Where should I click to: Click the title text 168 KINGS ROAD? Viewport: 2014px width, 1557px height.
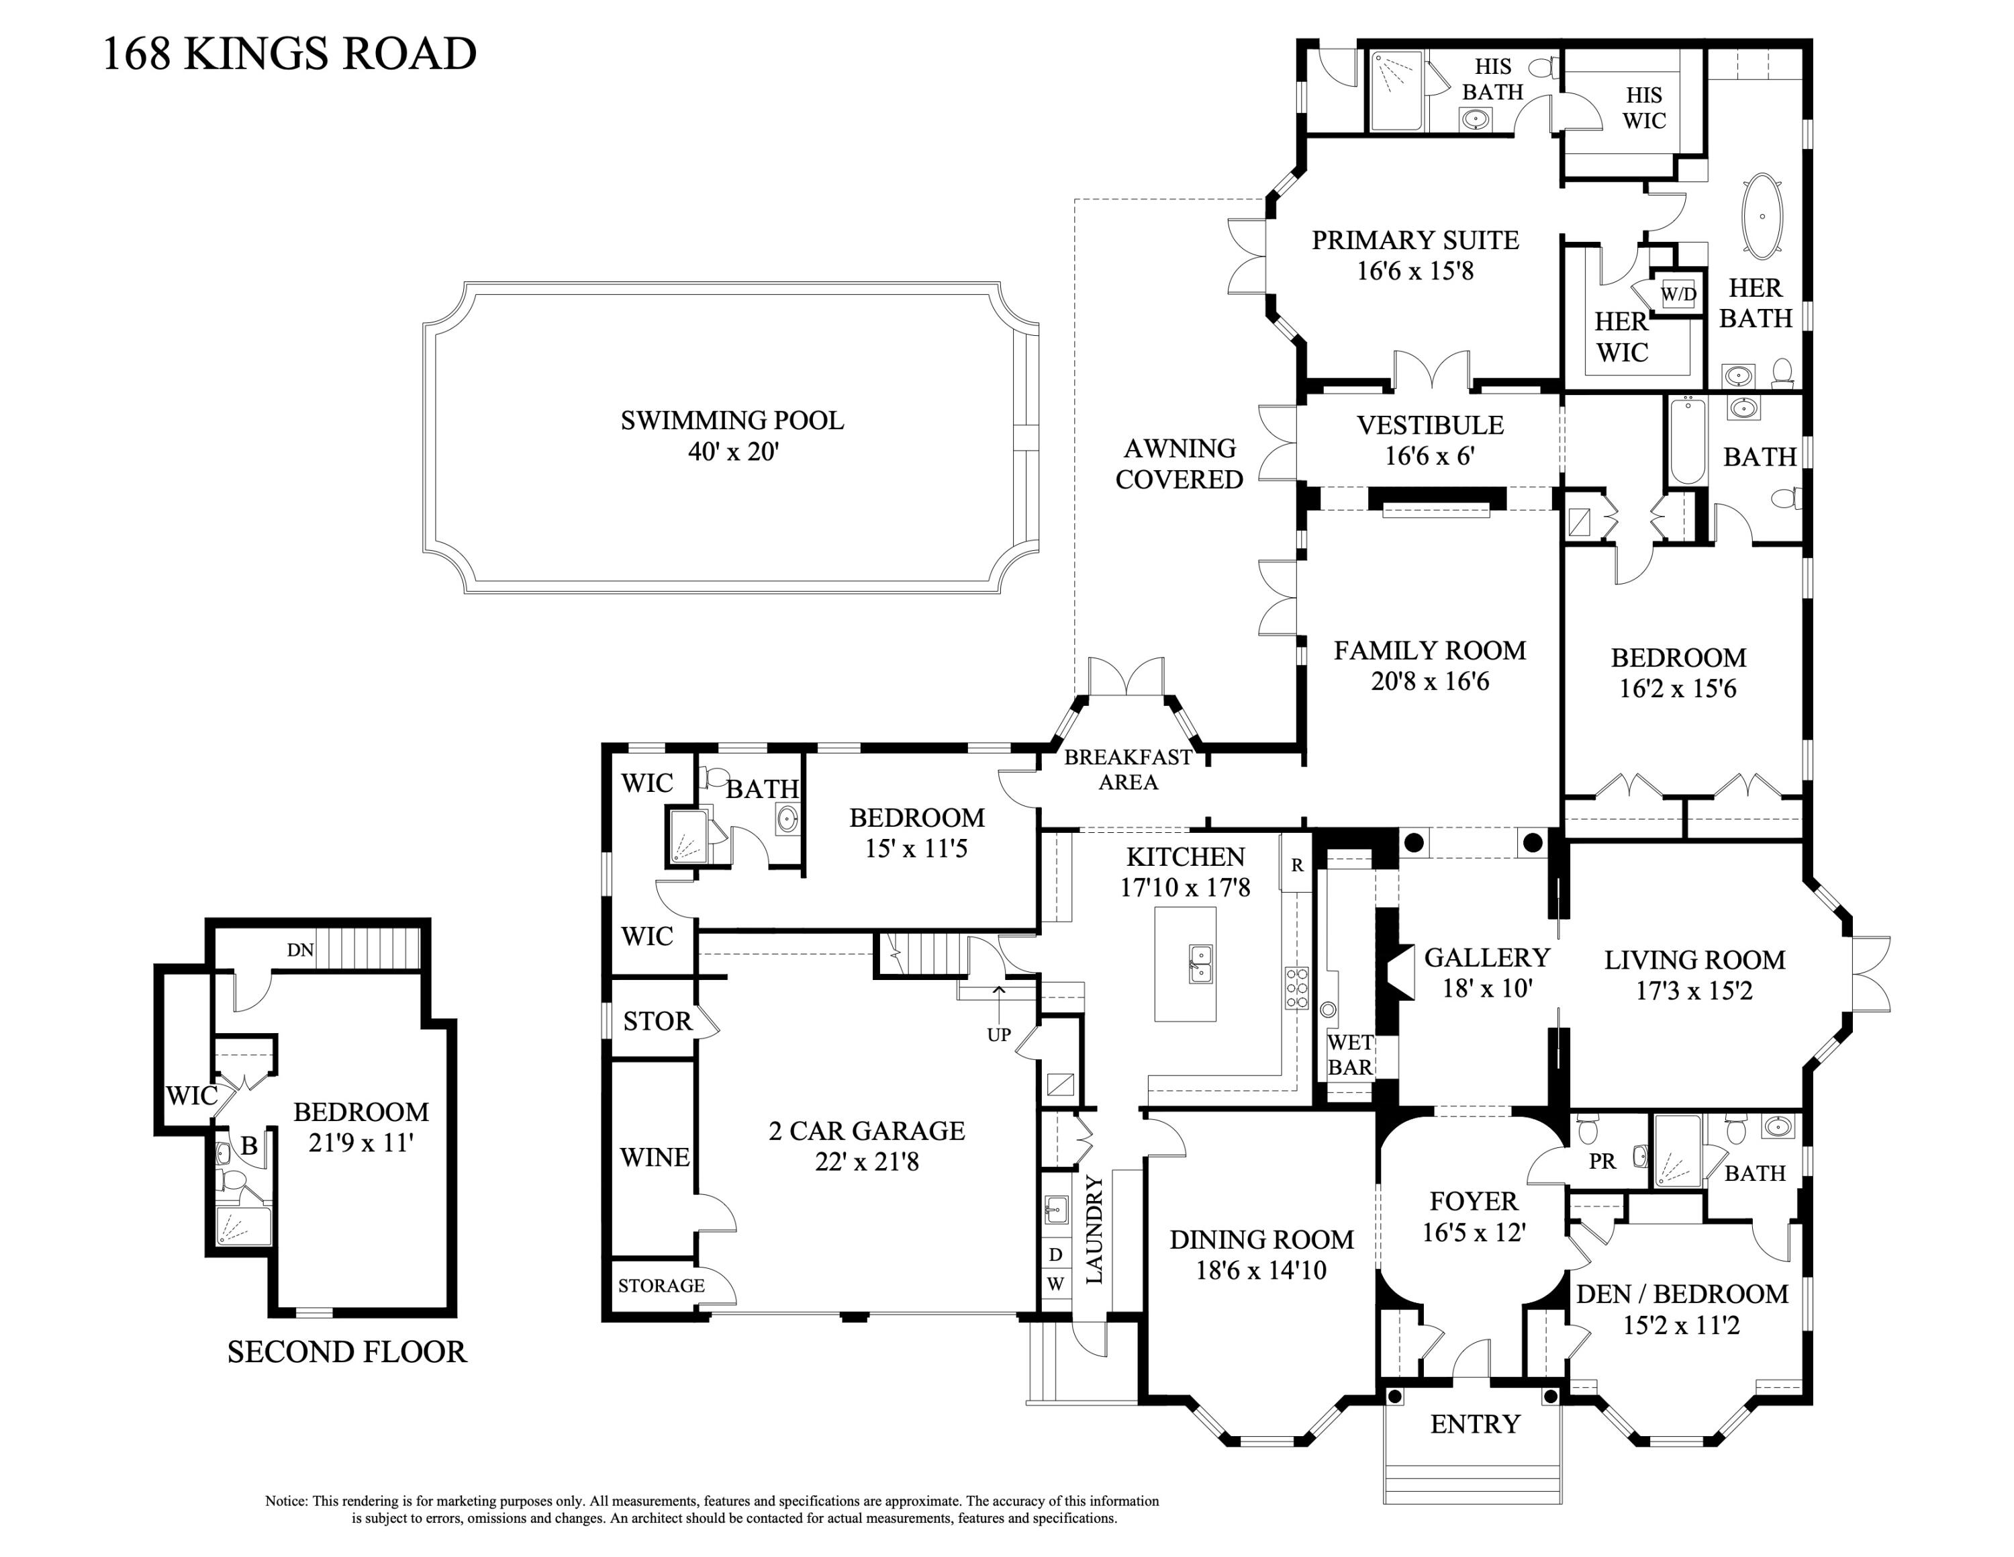coord(289,54)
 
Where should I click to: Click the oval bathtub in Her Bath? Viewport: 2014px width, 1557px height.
coord(1762,216)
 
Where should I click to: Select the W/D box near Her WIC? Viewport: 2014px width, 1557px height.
coord(1678,294)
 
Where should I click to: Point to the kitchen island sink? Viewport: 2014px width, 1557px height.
coord(1200,964)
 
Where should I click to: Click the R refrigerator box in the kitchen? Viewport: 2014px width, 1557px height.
coord(1296,865)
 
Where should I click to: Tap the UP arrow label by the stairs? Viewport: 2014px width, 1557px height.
coord(999,1034)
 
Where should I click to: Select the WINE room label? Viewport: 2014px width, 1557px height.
coord(654,1157)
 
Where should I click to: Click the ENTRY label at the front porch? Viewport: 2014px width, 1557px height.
coord(1474,1424)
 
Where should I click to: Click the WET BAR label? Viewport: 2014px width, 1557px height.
coord(1350,1055)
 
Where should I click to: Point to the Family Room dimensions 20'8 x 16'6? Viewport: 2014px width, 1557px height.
coord(1429,682)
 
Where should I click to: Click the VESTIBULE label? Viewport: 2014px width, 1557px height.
coord(1429,425)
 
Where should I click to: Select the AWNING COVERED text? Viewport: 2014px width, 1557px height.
coord(1180,464)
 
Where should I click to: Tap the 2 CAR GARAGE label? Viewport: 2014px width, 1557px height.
coord(867,1131)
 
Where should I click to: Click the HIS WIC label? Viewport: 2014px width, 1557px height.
coord(1644,108)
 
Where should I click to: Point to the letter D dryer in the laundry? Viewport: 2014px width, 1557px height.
coord(1056,1255)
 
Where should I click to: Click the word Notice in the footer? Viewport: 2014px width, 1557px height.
coord(286,1501)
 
